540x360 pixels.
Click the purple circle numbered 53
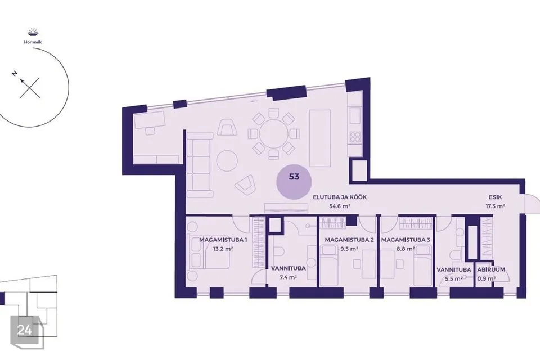tap(294, 182)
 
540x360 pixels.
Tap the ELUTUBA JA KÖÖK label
tap(340, 197)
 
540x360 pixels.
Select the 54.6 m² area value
tap(340, 206)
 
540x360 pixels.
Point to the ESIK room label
tap(495, 197)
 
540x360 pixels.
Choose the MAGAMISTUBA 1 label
tap(223, 240)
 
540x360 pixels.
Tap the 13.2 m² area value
tap(223, 249)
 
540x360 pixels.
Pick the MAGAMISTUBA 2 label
tap(349, 240)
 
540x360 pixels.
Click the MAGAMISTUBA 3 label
tap(406, 240)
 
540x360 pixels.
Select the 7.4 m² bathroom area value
tap(288, 277)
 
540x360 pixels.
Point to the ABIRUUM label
tap(491, 270)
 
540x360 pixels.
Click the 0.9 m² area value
tap(486, 278)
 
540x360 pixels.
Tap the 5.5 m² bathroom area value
tap(454, 278)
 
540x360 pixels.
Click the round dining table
tap(273, 134)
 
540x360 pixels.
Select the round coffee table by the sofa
tap(227, 160)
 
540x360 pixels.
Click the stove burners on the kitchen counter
tap(355, 137)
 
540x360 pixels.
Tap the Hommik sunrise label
tap(33, 42)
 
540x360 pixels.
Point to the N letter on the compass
tap(15, 73)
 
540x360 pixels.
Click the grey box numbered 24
tap(25, 330)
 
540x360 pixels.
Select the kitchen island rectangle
tap(320, 138)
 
